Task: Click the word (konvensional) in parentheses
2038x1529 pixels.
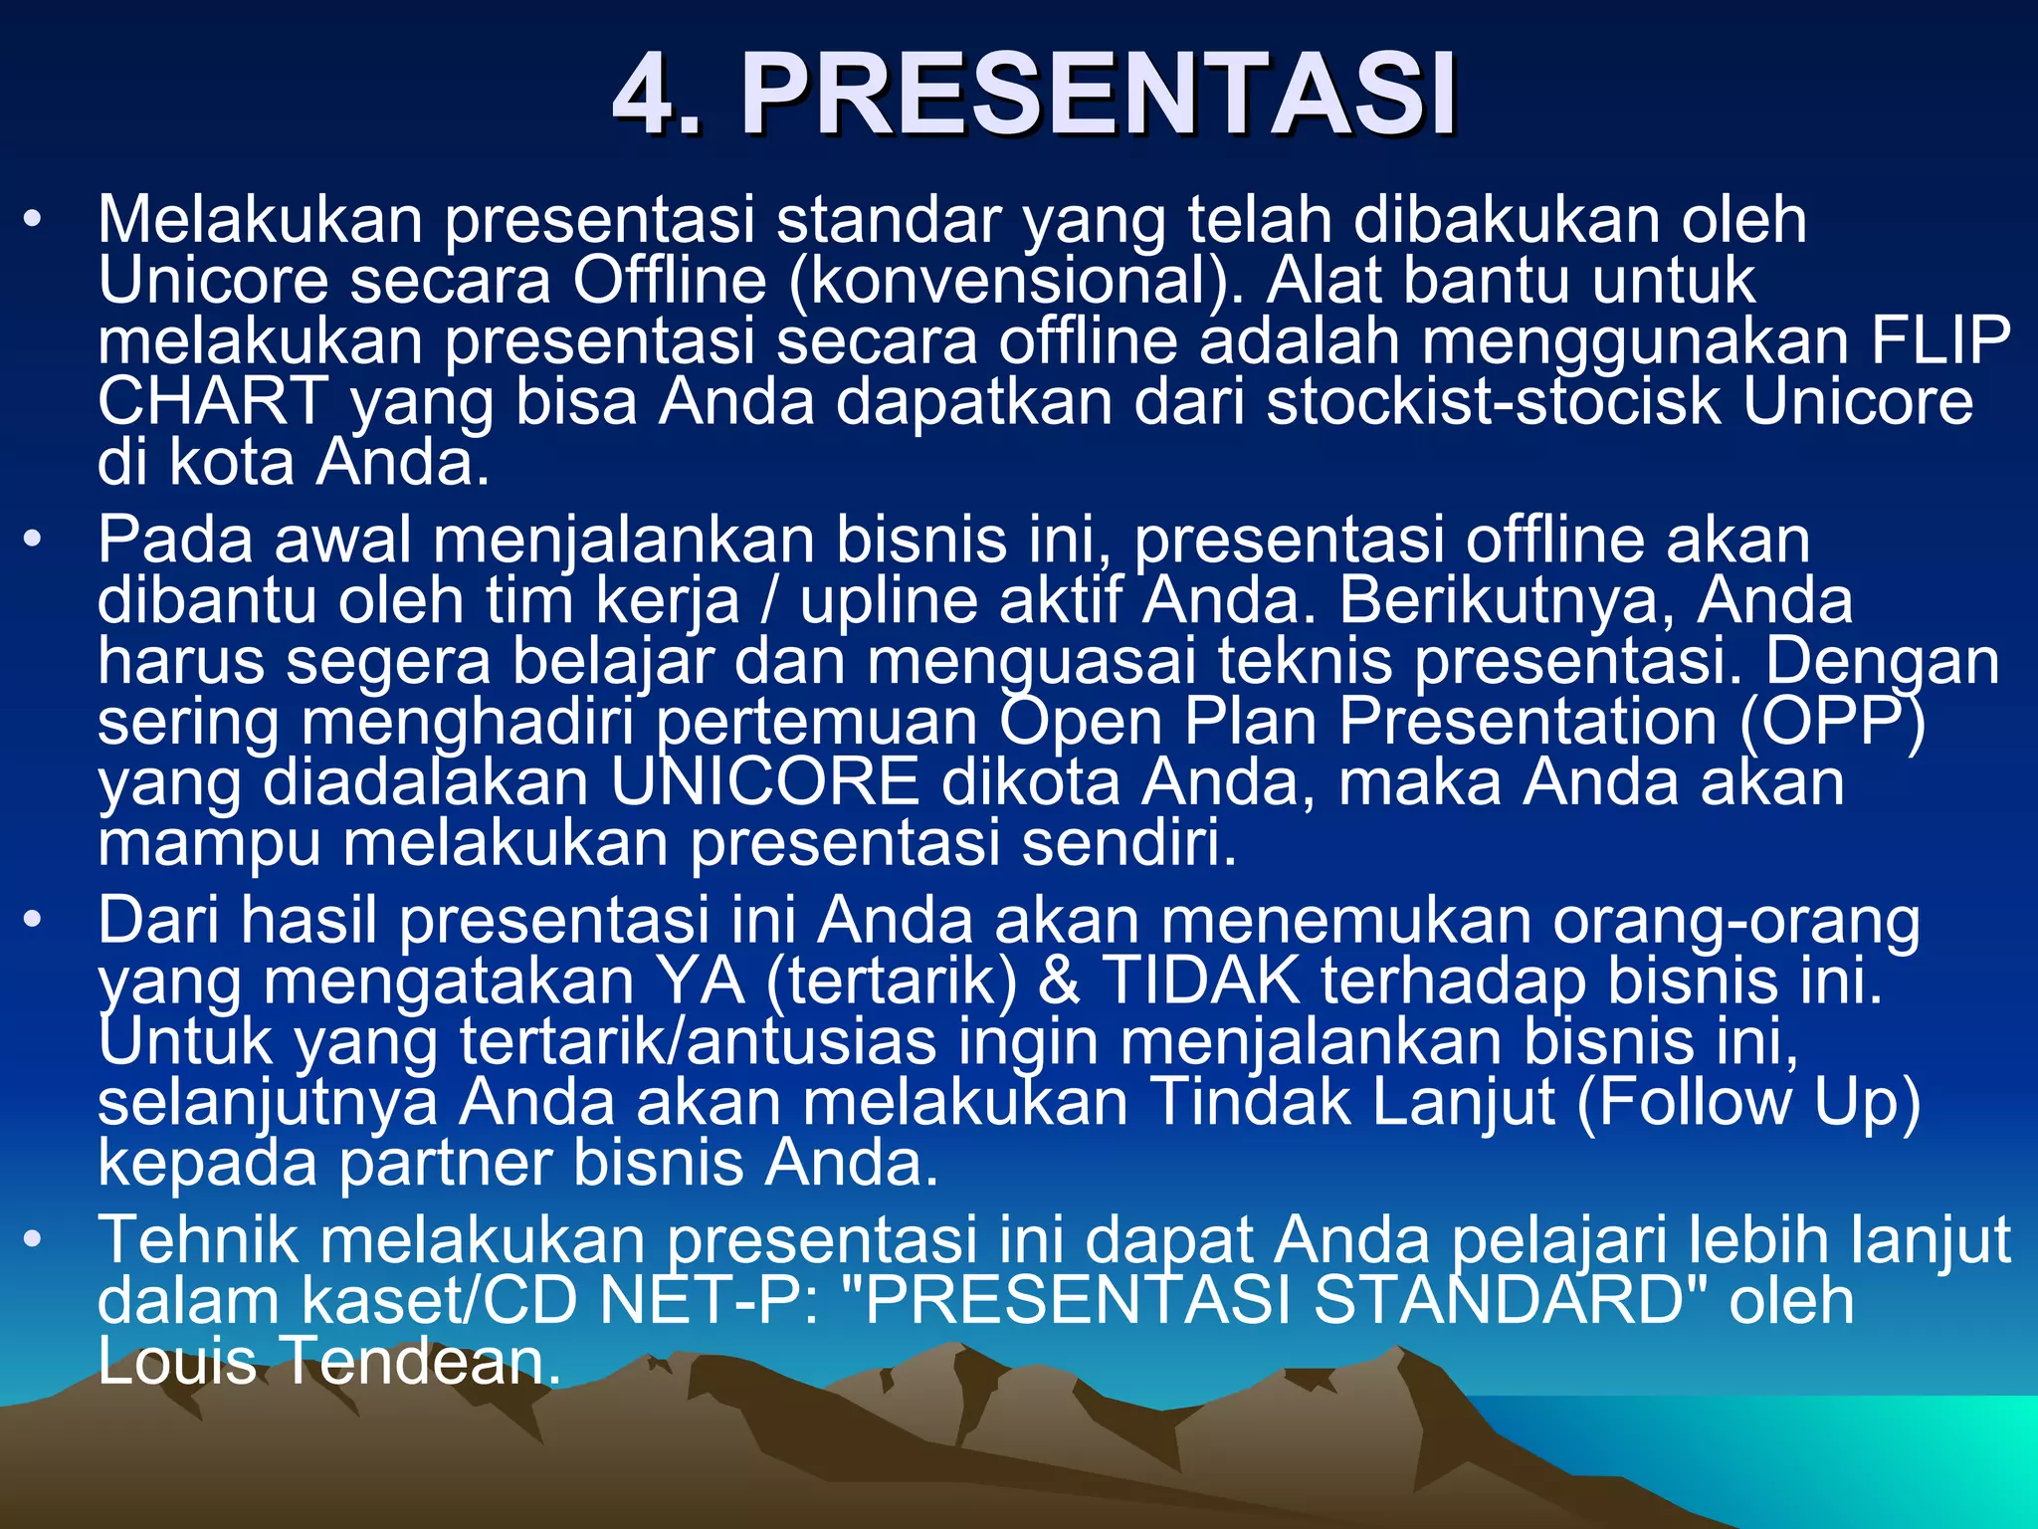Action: click(1016, 282)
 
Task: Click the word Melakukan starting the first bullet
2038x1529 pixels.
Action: click(259, 221)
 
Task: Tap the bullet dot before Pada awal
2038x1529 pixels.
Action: click(34, 541)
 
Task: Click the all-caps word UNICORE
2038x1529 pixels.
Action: click(764, 783)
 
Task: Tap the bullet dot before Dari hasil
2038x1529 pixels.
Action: click(34, 921)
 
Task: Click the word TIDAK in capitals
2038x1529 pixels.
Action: click(1200, 982)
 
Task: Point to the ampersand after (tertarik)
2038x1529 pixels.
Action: click(1059, 982)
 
